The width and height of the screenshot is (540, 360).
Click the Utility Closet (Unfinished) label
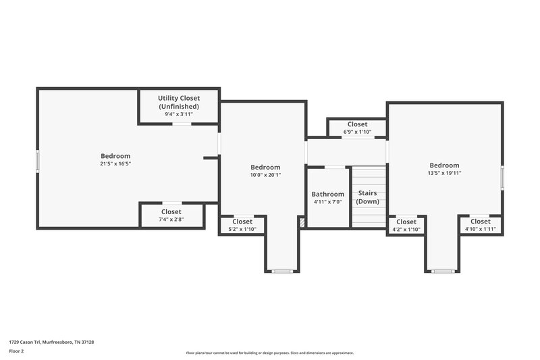[x=179, y=102]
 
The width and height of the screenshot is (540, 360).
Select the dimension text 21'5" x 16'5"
[x=115, y=163]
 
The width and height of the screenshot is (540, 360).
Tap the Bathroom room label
[x=327, y=195]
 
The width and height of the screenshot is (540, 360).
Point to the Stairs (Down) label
[x=368, y=197]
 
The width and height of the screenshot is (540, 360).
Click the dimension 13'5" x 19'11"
[x=444, y=173]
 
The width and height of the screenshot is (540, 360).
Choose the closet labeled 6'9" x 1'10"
[x=357, y=128]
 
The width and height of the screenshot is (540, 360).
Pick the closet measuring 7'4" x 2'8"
[x=171, y=215]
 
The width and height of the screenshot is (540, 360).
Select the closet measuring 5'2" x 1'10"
[x=242, y=225]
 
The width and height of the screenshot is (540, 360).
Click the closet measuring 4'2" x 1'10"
[x=406, y=226]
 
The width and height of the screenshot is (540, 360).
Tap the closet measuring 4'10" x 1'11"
[x=480, y=226]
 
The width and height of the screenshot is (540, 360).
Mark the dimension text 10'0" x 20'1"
[x=265, y=175]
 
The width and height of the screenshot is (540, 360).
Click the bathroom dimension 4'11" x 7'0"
[x=327, y=202]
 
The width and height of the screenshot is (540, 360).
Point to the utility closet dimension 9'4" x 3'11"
[x=179, y=114]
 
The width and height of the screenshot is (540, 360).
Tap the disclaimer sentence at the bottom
[x=269, y=353]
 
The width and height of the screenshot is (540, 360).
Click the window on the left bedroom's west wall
[x=38, y=161]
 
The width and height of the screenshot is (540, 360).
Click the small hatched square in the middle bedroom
[x=302, y=221]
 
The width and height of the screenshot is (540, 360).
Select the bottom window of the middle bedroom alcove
[x=281, y=271]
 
